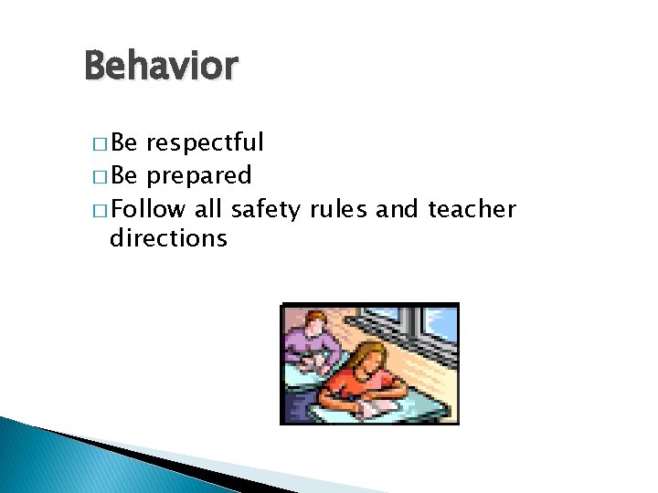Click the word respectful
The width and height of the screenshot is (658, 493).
206,143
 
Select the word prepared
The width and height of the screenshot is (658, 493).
199,175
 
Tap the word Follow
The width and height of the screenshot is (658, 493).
151,209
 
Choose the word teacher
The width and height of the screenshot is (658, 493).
471,209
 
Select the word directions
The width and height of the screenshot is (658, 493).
168,239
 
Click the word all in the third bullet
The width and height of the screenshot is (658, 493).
208,209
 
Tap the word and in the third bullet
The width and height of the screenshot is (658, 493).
397,209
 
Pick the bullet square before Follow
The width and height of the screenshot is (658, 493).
99,211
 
